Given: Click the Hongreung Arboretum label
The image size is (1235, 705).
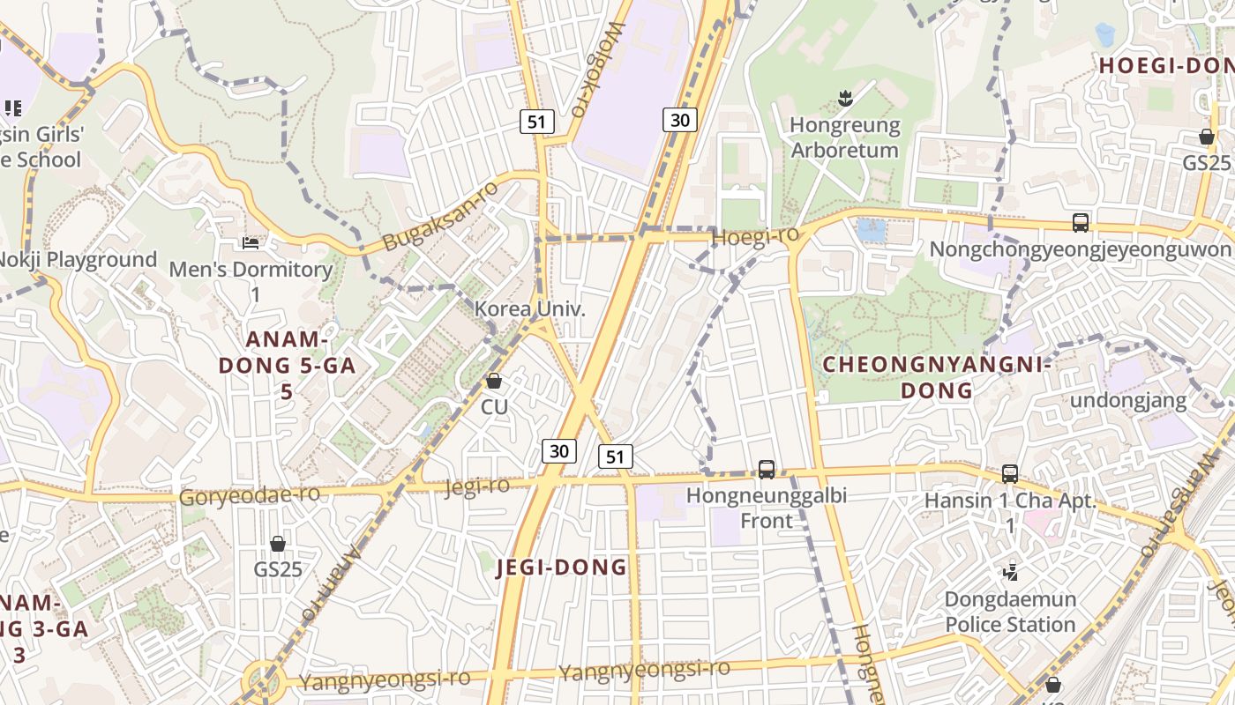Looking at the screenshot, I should pyautogui.click(x=844, y=137).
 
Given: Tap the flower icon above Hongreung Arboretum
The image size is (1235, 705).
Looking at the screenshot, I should pyautogui.click(x=845, y=99).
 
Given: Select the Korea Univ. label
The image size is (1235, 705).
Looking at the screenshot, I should pyautogui.click(x=530, y=309).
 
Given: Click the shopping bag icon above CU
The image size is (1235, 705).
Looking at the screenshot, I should pyautogui.click(x=494, y=381).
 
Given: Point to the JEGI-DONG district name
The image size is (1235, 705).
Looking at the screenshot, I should pyautogui.click(x=562, y=568).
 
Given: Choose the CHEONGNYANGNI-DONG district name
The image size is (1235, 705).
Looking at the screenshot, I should pyautogui.click(x=937, y=377).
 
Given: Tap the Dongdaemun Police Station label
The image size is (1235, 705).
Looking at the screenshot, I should pyautogui.click(x=1010, y=612).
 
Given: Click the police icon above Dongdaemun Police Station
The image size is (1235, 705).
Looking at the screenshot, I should pyautogui.click(x=1011, y=573).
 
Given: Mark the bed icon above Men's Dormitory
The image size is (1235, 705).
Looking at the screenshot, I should pyautogui.click(x=251, y=241).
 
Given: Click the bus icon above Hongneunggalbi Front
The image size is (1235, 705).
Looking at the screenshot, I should pyautogui.click(x=767, y=470).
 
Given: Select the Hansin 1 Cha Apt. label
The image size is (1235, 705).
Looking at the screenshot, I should pyautogui.click(x=1010, y=501).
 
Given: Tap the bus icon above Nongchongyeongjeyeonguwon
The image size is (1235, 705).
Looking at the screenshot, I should pyautogui.click(x=1081, y=222).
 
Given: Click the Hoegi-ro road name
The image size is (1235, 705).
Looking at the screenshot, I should pyautogui.click(x=755, y=236).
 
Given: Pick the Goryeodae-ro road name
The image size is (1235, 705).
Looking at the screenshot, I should pyautogui.click(x=250, y=495).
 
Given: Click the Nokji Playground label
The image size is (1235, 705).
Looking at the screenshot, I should pyautogui.click(x=79, y=260).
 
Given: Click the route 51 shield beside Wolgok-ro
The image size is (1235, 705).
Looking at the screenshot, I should pyautogui.click(x=537, y=122).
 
